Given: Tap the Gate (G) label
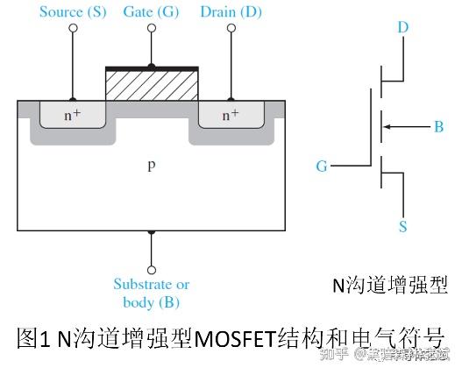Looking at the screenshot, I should (x=150, y=11).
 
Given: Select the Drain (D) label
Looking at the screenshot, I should (x=231, y=11).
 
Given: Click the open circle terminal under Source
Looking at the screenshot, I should (x=72, y=29).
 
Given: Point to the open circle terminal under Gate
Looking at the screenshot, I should (x=152, y=29).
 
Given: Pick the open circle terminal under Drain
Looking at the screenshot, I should (x=231, y=29).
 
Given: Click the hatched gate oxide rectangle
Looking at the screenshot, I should (x=152, y=85).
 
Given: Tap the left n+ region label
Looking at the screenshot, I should (x=72, y=114).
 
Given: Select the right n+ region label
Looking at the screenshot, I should (x=231, y=114).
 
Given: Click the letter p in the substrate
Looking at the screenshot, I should (x=151, y=164).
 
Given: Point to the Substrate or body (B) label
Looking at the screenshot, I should (x=151, y=294).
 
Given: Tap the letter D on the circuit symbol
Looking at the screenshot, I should (x=402, y=28).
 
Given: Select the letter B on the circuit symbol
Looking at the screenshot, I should (x=438, y=128).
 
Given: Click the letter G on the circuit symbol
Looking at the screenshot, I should (x=321, y=165).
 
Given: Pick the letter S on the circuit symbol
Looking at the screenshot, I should (x=402, y=227).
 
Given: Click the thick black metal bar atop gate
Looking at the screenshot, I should (x=152, y=67).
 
